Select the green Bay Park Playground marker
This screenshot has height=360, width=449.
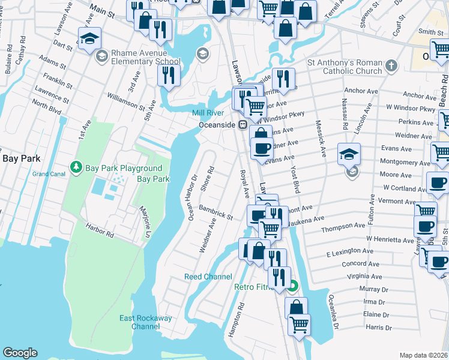click(x=76, y=167)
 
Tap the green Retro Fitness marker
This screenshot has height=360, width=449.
click(x=292, y=286)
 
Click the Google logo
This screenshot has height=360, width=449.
click(x=20, y=353)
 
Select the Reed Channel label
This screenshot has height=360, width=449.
click(x=208, y=277)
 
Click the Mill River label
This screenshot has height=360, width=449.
click(x=208, y=113)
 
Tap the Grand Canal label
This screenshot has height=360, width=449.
click(x=48, y=174)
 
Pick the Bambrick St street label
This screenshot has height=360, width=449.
click(x=216, y=212)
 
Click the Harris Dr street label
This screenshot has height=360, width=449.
click(x=378, y=328)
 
